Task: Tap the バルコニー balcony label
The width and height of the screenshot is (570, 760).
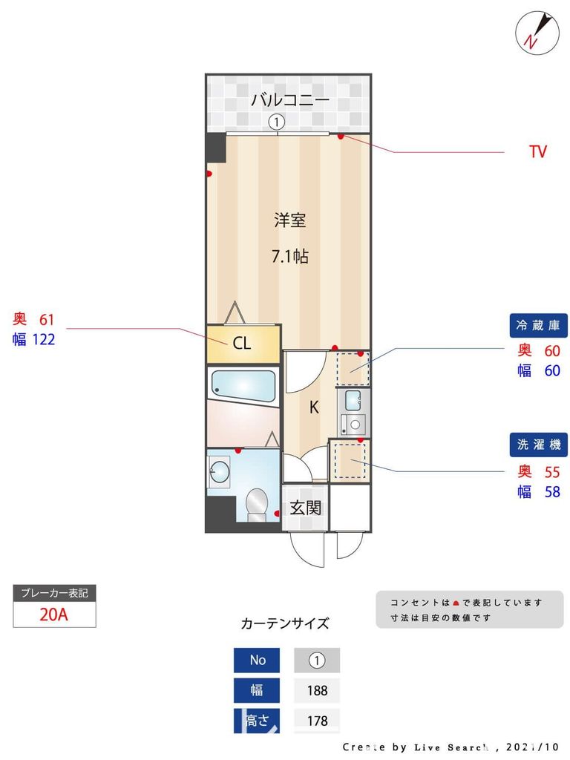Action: pyautogui.click(x=289, y=100)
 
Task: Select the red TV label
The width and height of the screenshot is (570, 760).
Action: pyautogui.click(x=537, y=152)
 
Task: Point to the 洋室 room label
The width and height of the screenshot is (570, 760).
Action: pyautogui.click(x=289, y=220)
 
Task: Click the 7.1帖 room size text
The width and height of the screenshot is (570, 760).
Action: pyautogui.click(x=289, y=258)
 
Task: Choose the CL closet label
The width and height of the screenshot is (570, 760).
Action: pyautogui.click(x=242, y=344)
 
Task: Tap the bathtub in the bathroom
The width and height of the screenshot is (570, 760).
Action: pyautogui.click(x=243, y=384)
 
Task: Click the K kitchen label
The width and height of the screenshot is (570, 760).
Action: pyautogui.click(x=314, y=407)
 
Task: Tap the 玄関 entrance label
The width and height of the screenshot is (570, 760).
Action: pyautogui.click(x=305, y=508)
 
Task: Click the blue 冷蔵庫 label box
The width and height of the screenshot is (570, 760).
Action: pyautogui.click(x=538, y=325)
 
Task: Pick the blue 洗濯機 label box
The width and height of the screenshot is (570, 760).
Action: pyautogui.click(x=538, y=445)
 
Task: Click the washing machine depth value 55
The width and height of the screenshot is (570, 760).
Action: pyautogui.click(x=551, y=471)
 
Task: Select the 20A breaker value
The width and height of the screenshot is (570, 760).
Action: pyautogui.click(x=54, y=615)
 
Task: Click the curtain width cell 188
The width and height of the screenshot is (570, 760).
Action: pyautogui.click(x=317, y=690)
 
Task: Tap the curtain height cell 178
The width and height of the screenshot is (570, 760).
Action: pyautogui.click(x=317, y=721)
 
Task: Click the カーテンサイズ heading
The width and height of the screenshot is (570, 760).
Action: pyautogui.click(x=285, y=623)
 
